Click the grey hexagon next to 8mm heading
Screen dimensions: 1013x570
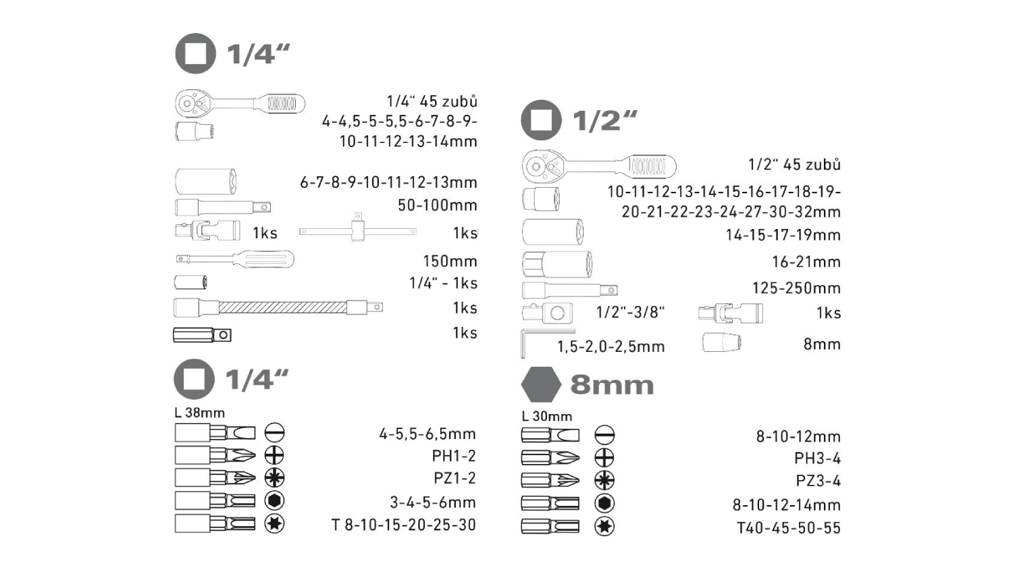(541, 384)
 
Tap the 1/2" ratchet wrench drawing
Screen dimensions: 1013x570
(599, 167)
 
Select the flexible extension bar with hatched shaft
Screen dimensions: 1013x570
(278, 307)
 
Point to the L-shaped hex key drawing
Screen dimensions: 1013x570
(548, 344)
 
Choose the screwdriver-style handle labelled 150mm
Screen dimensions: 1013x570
(235, 259)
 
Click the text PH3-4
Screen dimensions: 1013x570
(817, 459)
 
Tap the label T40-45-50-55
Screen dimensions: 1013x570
(789, 527)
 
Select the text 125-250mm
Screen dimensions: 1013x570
(796, 288)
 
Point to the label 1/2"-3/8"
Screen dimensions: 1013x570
(630, 312)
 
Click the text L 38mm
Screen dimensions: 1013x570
(199, 413)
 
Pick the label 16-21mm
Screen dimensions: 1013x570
(806, 261)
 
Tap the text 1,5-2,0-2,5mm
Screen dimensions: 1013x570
(611, 346)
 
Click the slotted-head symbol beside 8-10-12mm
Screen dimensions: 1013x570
(604, 435)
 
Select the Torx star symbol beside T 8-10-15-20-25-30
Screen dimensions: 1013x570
(274, 524)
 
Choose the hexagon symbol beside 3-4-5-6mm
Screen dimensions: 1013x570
(274, 501)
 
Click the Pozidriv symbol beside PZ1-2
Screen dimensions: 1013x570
(274, 477)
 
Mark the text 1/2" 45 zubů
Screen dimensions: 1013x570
(795, 164)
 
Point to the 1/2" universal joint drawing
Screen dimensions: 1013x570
(730, 313)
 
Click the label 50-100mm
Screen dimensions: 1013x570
(438, 205)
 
